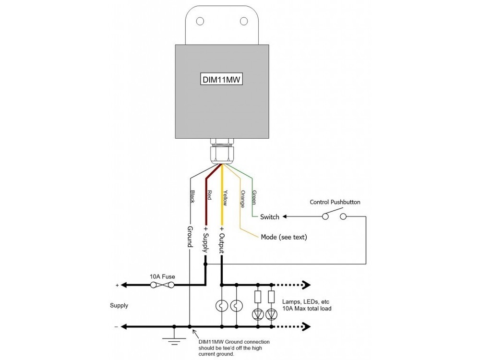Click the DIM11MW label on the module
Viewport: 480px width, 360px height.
[221, 79]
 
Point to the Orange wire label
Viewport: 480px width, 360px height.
[243, 198]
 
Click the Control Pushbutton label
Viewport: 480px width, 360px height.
[335, 202]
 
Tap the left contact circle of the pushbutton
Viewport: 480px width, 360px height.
[325, 217]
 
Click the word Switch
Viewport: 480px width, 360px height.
[269, 217]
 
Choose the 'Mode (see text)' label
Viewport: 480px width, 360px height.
[284, 237]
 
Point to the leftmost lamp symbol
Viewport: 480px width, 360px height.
[222, 306]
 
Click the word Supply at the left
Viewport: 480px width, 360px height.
[119, 305]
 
